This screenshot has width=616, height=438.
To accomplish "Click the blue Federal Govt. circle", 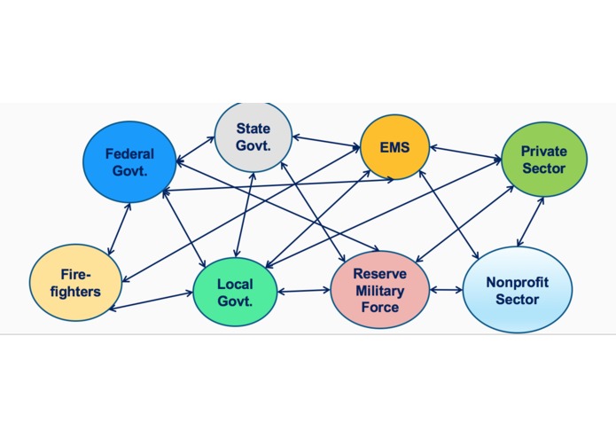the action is point(129,162).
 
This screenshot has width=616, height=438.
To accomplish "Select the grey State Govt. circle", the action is point(253,137).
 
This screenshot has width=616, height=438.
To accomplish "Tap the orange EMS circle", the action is point(394,147).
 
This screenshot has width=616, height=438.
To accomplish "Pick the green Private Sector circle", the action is point(544,160).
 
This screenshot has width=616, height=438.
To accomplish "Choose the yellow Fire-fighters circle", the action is point(75,283).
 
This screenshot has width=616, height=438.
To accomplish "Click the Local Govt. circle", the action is point(235,292).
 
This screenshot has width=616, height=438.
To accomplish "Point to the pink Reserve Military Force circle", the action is point(380,290).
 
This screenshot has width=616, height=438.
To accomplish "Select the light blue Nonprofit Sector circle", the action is point(518,290).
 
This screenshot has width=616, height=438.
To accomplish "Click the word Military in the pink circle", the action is point(380,291).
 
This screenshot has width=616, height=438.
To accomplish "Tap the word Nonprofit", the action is point(518,282).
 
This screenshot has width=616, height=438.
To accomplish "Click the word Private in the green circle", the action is point(544,152).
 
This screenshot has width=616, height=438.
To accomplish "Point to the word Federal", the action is point(129,153).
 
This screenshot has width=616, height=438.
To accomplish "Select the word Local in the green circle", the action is point(235,284).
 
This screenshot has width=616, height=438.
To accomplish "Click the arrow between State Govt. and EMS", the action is point(326,142).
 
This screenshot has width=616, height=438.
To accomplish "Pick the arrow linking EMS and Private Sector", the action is point(466,153).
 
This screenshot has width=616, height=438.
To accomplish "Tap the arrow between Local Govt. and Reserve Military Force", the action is point(304,291).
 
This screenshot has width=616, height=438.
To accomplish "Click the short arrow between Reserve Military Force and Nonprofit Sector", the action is point(447,290).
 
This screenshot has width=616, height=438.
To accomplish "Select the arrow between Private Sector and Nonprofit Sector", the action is point(530,222).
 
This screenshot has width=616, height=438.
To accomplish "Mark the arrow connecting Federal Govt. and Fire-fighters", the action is point(119,230).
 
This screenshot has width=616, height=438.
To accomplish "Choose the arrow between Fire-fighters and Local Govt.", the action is point(151,301).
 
